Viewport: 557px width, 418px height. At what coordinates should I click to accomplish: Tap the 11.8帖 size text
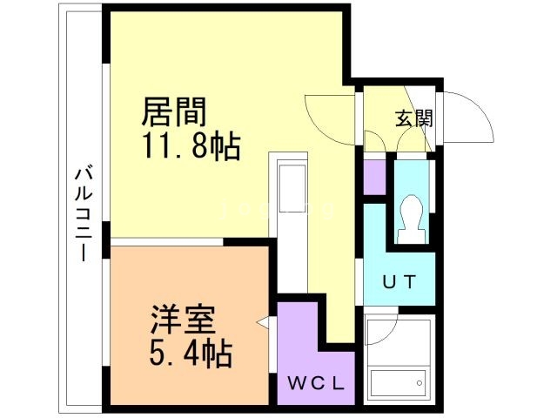(x=191, y=145)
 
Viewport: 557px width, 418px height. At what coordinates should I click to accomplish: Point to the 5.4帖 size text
(x=188, y=354)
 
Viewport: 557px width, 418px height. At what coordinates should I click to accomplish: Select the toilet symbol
(x=409, y=218)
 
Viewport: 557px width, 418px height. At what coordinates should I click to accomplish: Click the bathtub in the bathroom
(x=399, y=381)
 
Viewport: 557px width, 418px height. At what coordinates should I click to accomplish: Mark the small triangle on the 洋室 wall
(x=262, y=323)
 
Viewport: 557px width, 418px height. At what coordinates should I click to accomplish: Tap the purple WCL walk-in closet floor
(x=300, y=348)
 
